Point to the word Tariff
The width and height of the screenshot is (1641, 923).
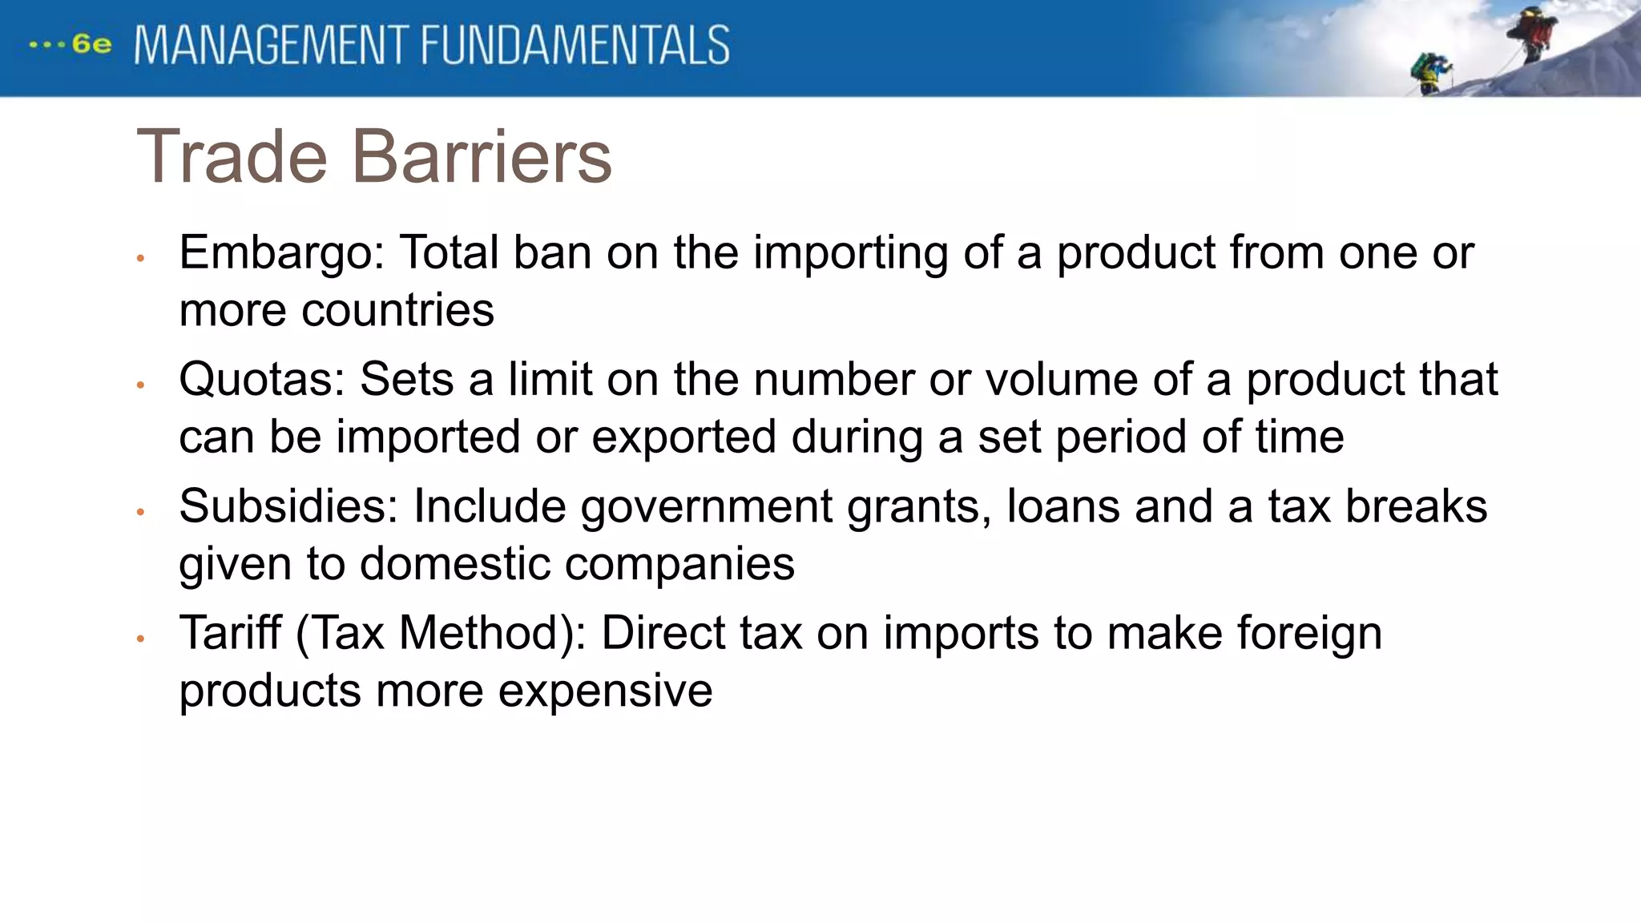pos(231,633)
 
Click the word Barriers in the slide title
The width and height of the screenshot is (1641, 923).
pos(482,157)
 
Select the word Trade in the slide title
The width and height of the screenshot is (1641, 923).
pos(232,157)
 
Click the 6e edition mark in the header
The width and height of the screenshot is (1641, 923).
pos(91,44)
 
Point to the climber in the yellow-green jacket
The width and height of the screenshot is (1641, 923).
pos(1429,72)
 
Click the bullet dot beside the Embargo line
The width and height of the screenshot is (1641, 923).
pos(140,259)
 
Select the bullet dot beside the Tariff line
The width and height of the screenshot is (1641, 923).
pos(140,639)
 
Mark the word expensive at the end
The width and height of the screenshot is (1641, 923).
pos(605,691)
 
